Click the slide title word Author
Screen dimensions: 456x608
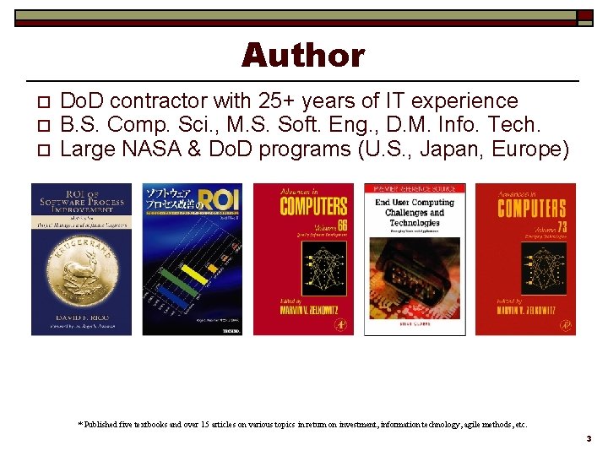tap(303, 56)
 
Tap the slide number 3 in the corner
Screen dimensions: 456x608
tap(589, 439)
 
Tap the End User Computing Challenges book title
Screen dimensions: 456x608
tap(414, 213)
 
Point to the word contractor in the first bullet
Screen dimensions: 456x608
tap(159, 101)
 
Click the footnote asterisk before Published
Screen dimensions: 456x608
tap(80, 423)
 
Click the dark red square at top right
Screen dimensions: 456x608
tap(584, 17)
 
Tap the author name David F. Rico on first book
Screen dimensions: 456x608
tap(81, 318)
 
